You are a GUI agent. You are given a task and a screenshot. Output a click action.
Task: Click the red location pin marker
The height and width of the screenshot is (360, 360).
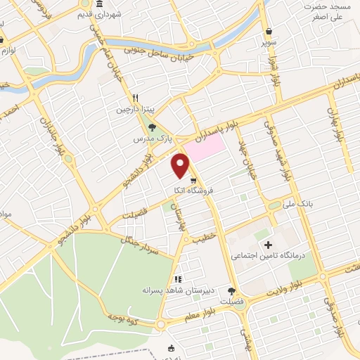(x=181, y=165)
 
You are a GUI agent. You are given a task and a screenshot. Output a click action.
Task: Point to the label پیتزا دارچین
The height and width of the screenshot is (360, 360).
(x=134, y=110)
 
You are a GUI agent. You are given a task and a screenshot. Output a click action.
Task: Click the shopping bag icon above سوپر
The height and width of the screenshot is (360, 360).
(x=269, y=31)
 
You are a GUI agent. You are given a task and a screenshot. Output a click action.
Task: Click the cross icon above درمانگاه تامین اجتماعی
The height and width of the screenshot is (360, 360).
(x=267, y=245)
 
